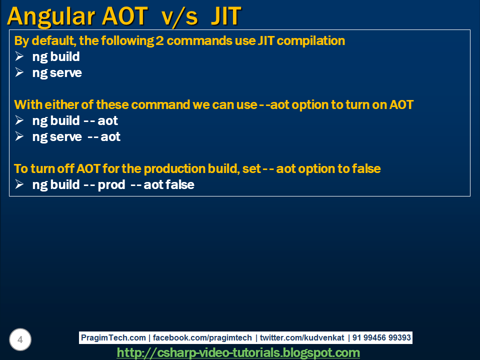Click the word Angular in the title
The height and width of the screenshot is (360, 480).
51,16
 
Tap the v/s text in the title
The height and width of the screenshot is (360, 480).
173,16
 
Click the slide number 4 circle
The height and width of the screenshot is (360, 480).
20,340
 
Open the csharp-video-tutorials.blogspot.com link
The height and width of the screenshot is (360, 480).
238,353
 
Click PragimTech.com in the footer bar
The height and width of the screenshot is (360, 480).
113,338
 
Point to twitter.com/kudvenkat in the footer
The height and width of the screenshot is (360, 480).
301,338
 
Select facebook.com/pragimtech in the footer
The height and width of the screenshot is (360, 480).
202,338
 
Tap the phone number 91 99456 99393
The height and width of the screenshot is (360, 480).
381,338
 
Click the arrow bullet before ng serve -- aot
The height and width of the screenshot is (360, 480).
19,136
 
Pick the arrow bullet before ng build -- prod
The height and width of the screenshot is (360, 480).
19,184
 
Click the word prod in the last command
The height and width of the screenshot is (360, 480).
111,185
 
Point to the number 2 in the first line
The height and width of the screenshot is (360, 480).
159,41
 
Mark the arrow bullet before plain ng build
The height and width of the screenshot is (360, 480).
19,56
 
